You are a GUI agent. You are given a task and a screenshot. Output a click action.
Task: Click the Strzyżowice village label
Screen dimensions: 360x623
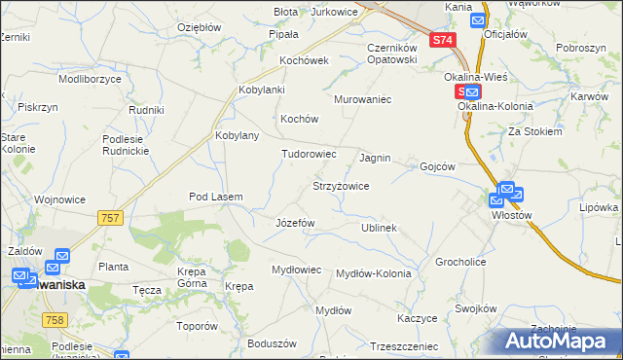tap(340, 185)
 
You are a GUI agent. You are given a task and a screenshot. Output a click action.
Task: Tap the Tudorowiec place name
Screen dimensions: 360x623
tap(309, 154)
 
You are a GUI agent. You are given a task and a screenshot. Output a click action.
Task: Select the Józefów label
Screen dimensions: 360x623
tap(295, 223)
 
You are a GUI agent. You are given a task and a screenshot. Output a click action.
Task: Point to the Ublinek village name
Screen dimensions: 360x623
tap(379, 228)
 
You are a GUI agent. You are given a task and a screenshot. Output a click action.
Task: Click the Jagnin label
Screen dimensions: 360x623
tap(375, 157)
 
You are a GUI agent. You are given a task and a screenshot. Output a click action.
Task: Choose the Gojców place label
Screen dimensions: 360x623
tap(438, 166)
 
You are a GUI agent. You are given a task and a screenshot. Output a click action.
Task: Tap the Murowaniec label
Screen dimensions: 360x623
tap(362, 100)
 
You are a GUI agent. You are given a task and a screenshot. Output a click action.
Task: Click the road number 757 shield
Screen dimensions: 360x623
tap(110, 218)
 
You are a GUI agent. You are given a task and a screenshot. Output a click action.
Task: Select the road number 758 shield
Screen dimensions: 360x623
tap(55, 320)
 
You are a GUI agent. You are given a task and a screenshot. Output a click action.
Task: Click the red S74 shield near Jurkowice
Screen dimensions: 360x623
tap(442, 40)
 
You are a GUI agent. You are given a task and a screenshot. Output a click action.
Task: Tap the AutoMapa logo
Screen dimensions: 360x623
tap(561, 341)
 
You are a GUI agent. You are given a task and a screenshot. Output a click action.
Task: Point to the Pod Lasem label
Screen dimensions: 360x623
tap(215, 197)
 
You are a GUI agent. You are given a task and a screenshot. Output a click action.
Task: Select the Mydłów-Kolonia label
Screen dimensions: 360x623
tap(373, 273)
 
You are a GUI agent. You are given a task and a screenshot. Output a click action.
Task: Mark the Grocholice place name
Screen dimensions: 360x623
tap(460, 262)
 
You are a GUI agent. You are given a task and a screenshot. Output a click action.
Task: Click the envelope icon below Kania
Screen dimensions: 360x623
tap(478, 19)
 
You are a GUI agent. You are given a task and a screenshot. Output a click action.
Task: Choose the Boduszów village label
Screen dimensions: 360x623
tap(272, 343)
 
